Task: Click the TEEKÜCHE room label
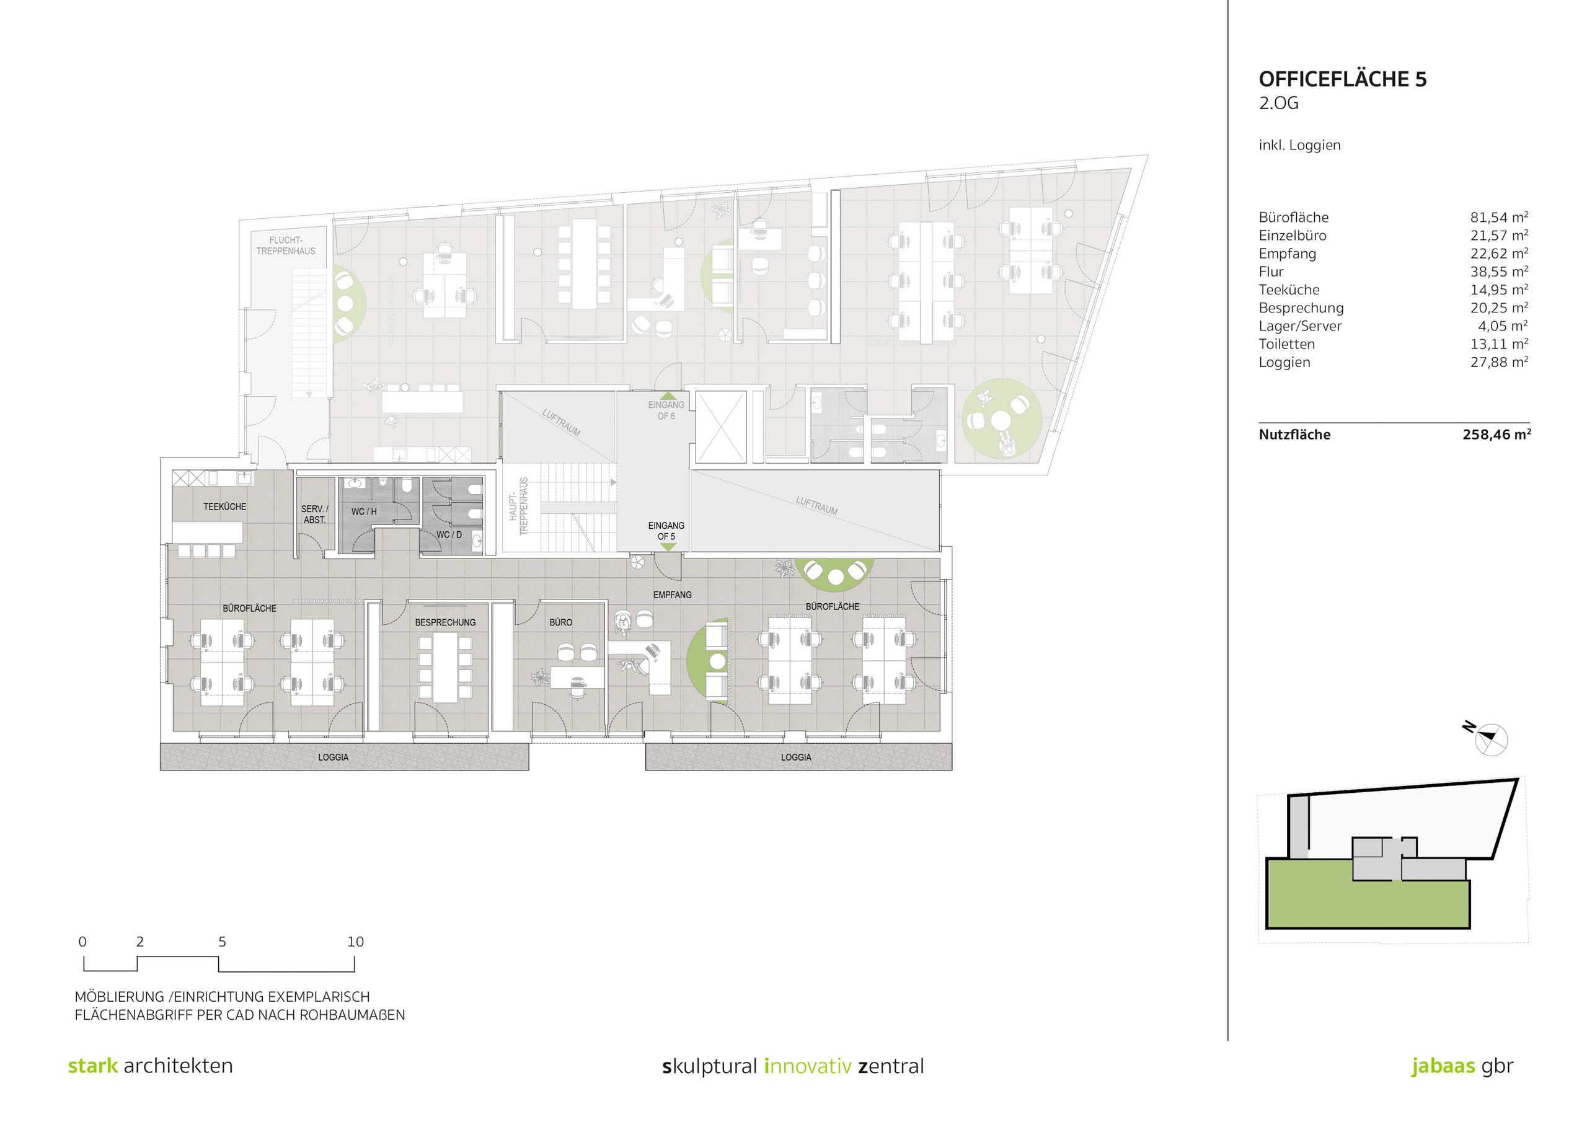tap(224, 506)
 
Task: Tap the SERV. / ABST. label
tap(314, 515)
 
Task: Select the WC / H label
tap(363, 511)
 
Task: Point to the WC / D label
tap(449, 534)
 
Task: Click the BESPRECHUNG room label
tap(445, 622)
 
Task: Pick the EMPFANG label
tap(672, 594)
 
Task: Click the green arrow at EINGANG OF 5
tap(668, 547)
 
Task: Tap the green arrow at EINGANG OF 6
tap(668, 396)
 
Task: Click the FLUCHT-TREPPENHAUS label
tap(285, 245)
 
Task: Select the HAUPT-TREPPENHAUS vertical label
tap(518, 506)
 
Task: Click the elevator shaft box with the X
tap(721, 426)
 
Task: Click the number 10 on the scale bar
tap(355, 942)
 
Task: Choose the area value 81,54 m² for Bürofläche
tap(1499, 217)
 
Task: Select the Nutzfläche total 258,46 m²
tap(1496, 434)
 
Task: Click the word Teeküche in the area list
tap(1289, 289)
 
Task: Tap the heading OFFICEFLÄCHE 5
tap(1342, 79)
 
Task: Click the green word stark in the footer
tap(92, 1066)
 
